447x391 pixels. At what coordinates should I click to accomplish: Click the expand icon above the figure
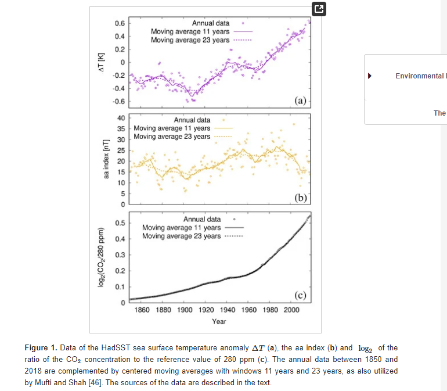click(319, 9)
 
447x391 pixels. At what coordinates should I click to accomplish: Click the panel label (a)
click(300, 100)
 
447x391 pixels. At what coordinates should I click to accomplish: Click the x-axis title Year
click(219, 321)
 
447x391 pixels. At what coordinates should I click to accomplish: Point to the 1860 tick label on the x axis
click(142, 310)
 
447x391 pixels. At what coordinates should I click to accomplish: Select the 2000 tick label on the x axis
click(292, 310)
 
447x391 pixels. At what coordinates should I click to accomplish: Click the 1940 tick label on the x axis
click(228, 310)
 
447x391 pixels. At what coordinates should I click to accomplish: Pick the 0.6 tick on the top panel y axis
click(118, 23)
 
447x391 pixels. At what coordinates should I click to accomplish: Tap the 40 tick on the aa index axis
click(121, 118)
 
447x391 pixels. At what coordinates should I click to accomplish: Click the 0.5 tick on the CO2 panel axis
click(118, 223)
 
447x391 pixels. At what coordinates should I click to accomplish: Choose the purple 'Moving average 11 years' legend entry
click(190, 31)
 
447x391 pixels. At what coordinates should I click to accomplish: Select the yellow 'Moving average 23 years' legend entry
click(172, 137)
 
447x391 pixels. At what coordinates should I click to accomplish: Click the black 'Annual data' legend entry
click(202, 220)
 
